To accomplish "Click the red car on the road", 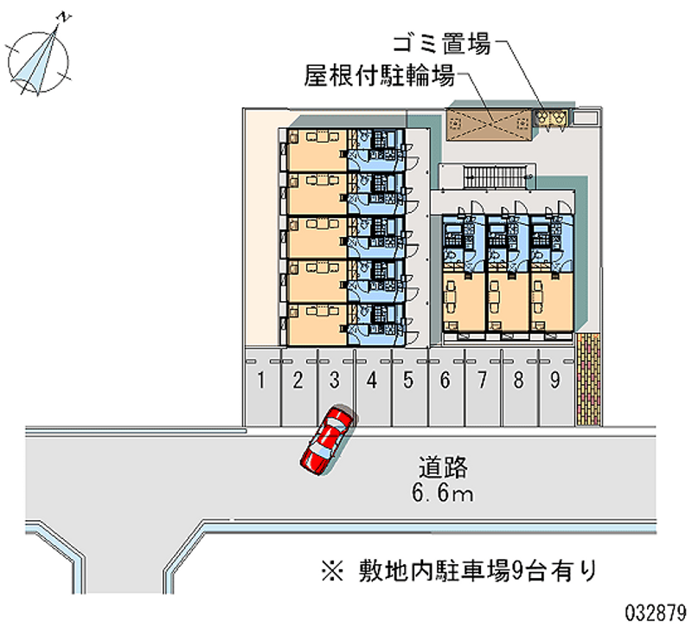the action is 327,439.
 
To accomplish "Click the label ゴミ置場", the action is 442,43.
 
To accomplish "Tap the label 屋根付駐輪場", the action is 379,77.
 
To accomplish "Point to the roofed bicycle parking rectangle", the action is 490,124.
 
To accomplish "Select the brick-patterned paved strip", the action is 587,377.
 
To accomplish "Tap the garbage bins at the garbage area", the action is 551,118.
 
